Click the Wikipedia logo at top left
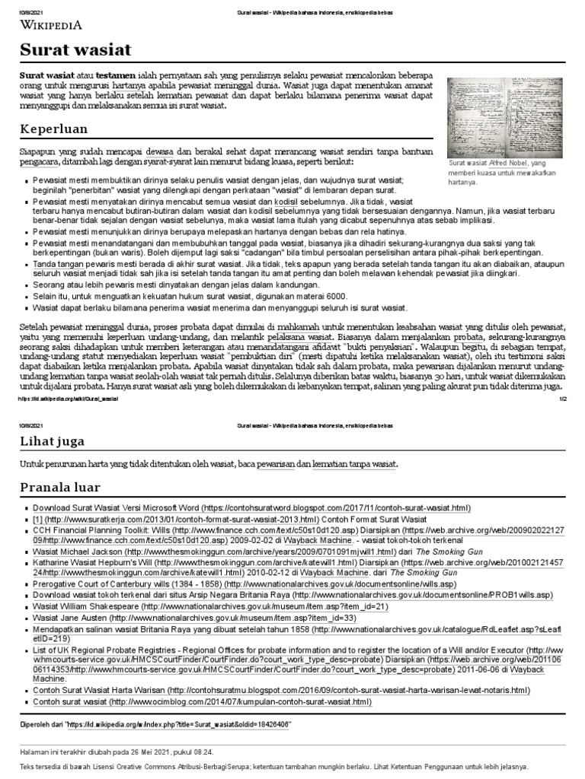pyautogui.click(x=51, y=24)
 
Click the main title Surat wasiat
pyautogui.click(x=76, y=50)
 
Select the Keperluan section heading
pyautogui.click(x=54, y=129)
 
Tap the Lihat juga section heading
pyautogui.click(x=53, y=440)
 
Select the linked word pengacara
pyautogui.click(x=41, y=163)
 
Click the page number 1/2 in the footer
pyautogui.click(x=563, y=399)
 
